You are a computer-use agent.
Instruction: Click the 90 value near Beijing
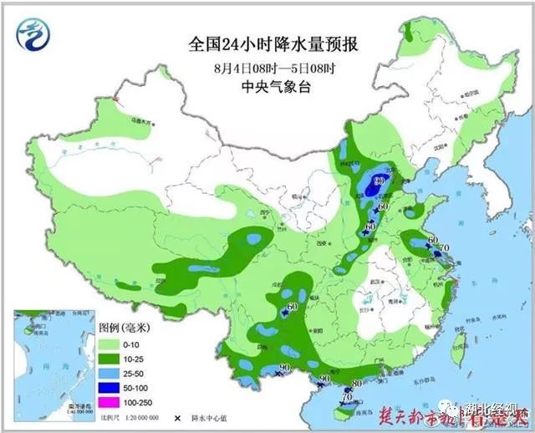pyautogui.click(x=379, y=181)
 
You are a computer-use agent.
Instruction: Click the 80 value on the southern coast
pyautogui.click(x=358, y=384)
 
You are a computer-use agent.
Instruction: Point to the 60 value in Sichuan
pyautogui.click(x=293, y=308)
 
